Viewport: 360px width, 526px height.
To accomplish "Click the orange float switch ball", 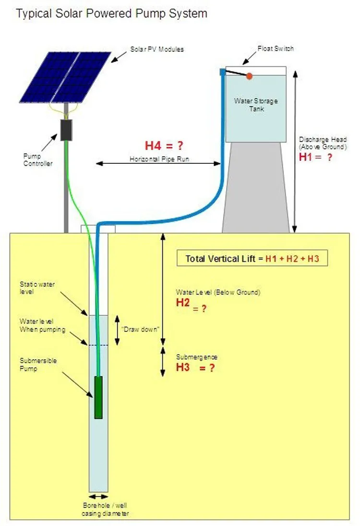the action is [x=249, y=76].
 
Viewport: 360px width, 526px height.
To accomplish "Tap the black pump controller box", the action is [x=66, y=130].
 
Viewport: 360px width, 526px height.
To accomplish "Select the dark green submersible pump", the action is [x=98, y=398].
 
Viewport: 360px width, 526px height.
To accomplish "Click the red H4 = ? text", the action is [x=164, y=146].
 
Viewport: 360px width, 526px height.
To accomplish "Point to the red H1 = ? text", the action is [x=315, y=157].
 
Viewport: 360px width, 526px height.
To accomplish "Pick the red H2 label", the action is [x=183, y=303].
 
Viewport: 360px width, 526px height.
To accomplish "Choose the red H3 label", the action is [x=183, y=367].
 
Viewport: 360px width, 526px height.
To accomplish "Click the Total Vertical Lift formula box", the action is [x=252, y=258].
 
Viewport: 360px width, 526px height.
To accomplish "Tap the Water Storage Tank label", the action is [x=256, y=105].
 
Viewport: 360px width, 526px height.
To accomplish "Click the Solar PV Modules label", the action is [x=157, y=49].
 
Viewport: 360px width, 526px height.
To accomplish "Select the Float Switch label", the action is [x=276, y=49].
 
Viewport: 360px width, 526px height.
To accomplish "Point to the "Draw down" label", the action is [x=140, y=330].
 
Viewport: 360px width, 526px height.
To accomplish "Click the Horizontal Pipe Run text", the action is [x=159, y=159].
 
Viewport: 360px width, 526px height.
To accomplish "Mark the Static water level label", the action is [x=37, y=288].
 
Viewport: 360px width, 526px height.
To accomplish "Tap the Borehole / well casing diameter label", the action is [x=105, y=509].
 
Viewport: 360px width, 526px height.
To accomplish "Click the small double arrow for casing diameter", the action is [x=98, y=497].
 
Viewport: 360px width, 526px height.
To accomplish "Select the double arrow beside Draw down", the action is [x=117, y=330].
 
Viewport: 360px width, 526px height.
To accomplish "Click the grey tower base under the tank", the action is [x=256, y=187].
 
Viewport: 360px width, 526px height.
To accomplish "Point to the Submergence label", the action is [x=197, y=357].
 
